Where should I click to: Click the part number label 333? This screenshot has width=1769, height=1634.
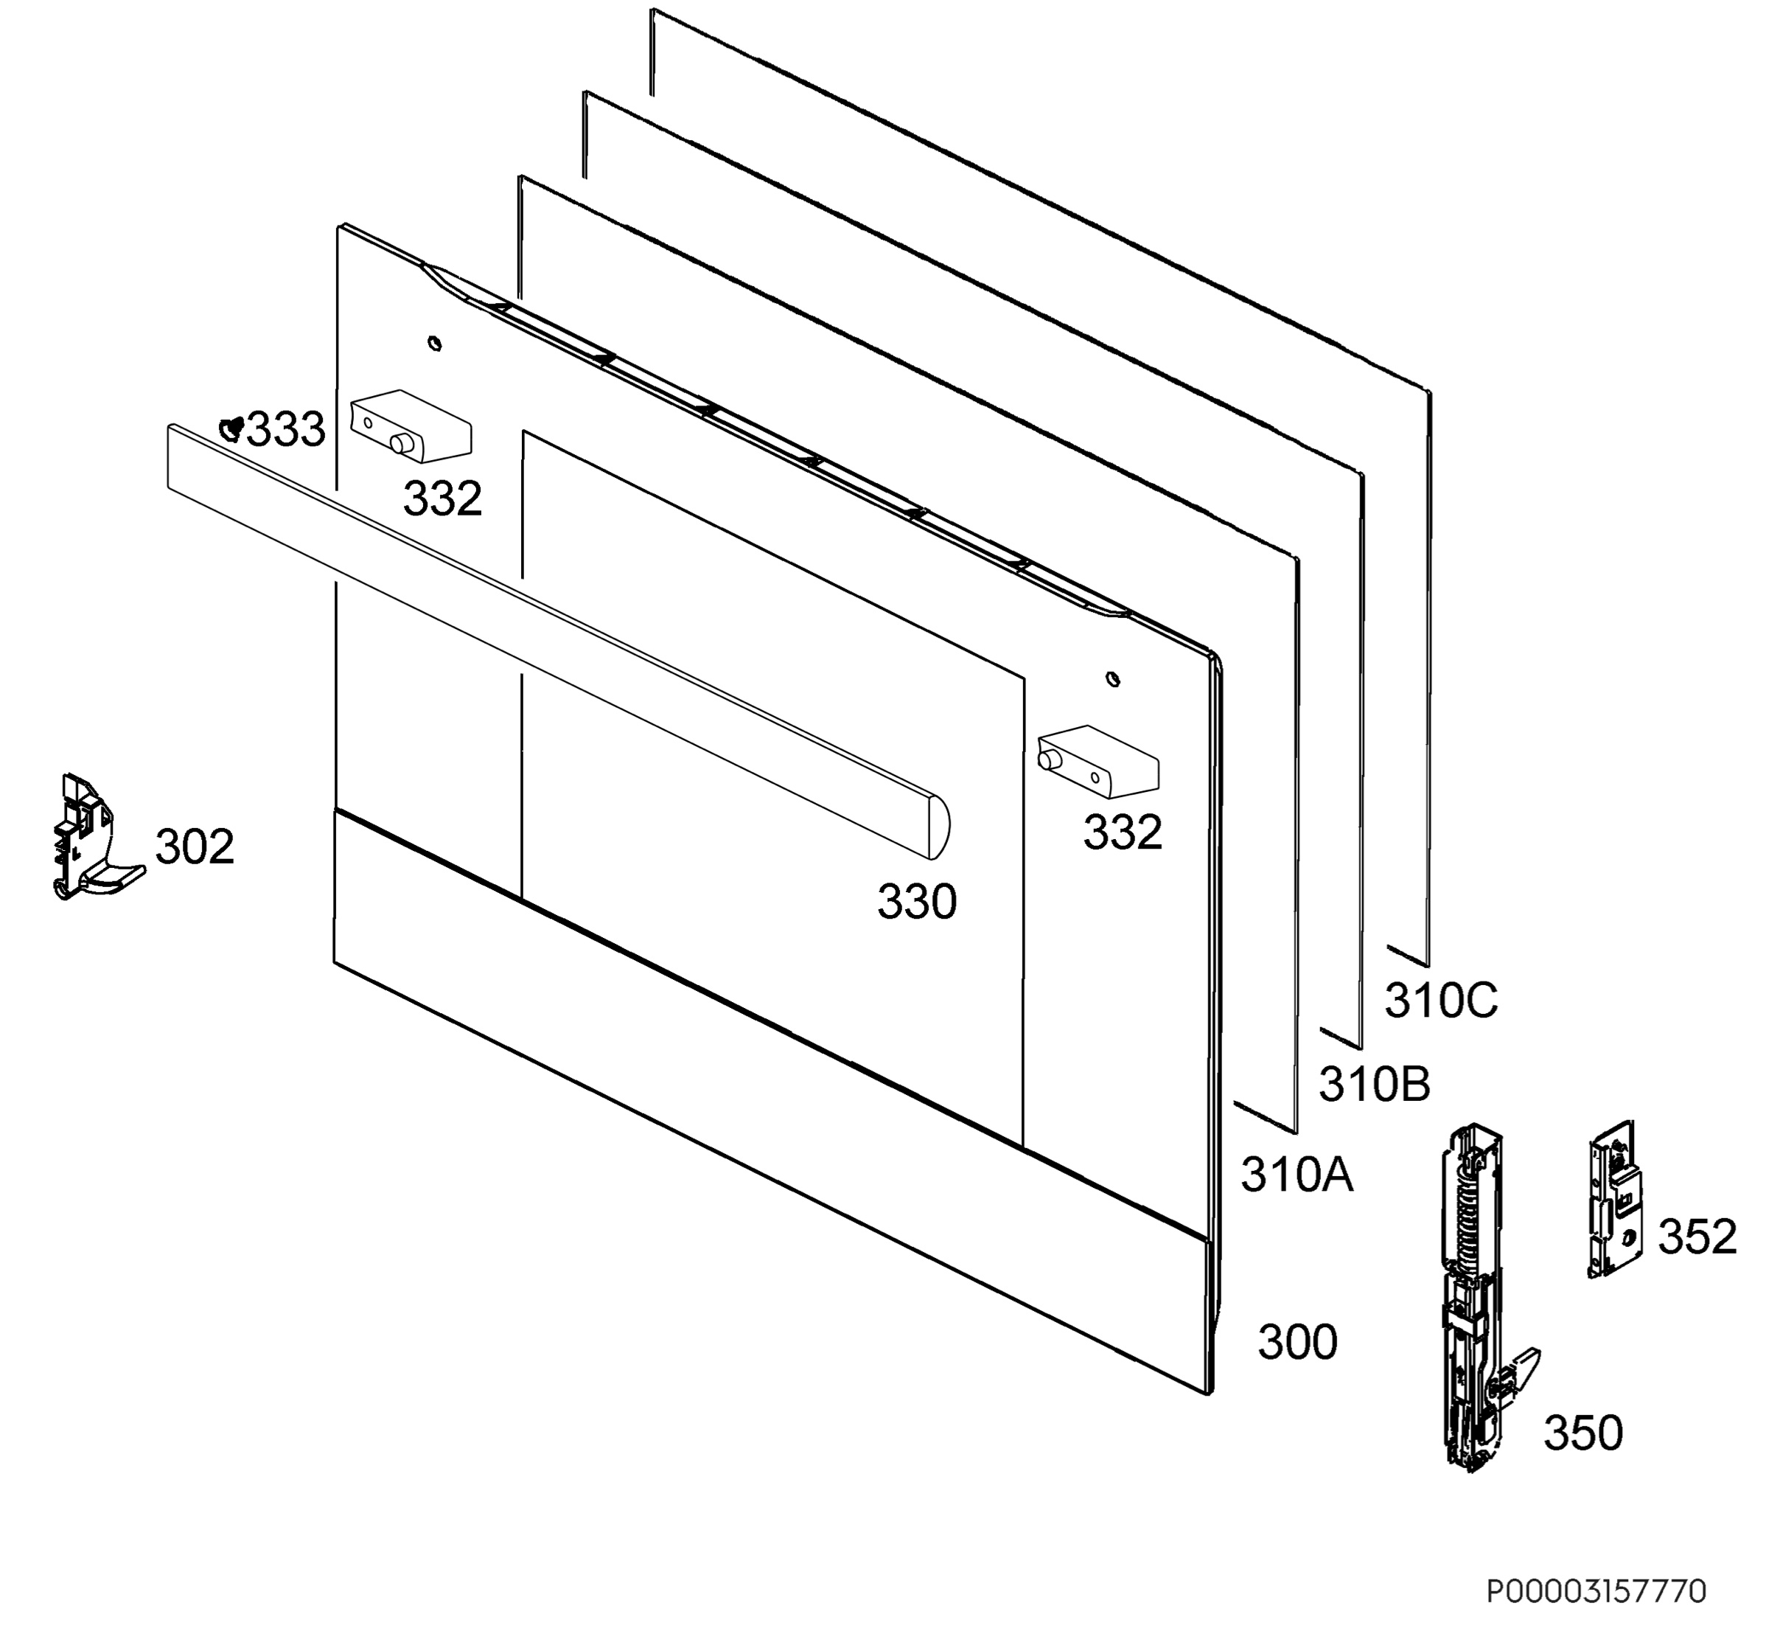pos(285,430)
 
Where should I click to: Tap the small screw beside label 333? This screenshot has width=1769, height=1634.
pos(231,429)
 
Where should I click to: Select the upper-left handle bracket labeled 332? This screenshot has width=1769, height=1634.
pos(411,425)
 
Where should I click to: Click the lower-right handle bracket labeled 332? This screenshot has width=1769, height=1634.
pos(1098,761)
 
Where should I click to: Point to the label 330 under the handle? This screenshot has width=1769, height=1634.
pos(917,902)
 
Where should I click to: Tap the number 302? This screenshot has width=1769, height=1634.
pos(195,846)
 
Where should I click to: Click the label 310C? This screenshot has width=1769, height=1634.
pos(1441,1000)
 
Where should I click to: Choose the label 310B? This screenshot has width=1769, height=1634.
pos(1375,1083)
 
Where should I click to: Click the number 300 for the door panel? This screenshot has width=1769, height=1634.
pos(1297,1341)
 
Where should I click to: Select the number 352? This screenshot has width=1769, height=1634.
pos(1698,1236)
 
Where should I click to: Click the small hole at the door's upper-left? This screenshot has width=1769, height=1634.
pos(434,343)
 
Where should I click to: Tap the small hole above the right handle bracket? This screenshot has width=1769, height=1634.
pos(1113,679)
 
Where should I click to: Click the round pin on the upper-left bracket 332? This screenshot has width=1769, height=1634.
pos(402,444)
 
